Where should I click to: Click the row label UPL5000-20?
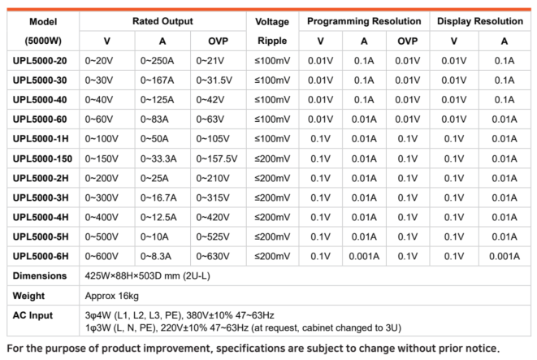pos(40,61)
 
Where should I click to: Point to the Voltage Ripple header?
pos(272,30)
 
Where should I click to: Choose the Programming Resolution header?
pos(363,21)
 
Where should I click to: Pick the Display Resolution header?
pos(479,21)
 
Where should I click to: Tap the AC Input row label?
pos(33,315)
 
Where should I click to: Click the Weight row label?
pos(29,295)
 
